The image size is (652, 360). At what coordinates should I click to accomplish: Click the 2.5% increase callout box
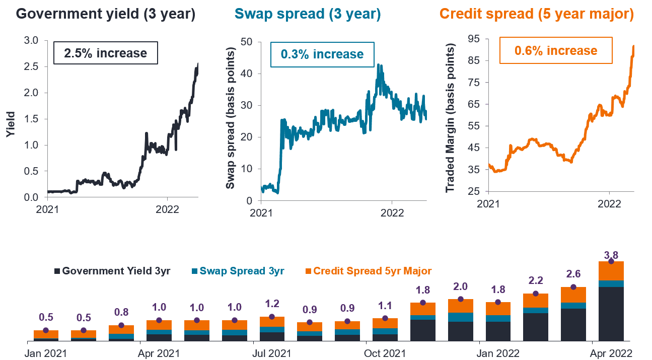[106, 53]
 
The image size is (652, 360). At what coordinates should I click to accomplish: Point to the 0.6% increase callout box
[556, 50]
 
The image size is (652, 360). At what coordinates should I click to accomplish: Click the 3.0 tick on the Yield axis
[31, 40]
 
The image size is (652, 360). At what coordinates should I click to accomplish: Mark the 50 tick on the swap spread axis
[247, 42]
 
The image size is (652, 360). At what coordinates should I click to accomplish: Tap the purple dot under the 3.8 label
[611, 261]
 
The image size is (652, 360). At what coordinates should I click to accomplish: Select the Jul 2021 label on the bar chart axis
[272, 353]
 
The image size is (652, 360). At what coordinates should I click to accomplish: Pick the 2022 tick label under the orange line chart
[609, 204]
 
